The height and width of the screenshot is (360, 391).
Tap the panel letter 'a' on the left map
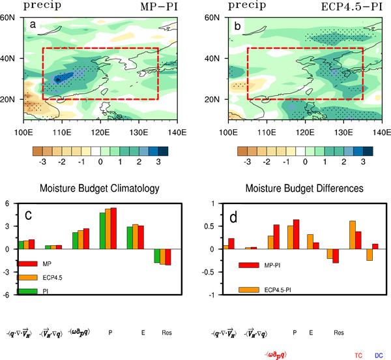33,25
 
